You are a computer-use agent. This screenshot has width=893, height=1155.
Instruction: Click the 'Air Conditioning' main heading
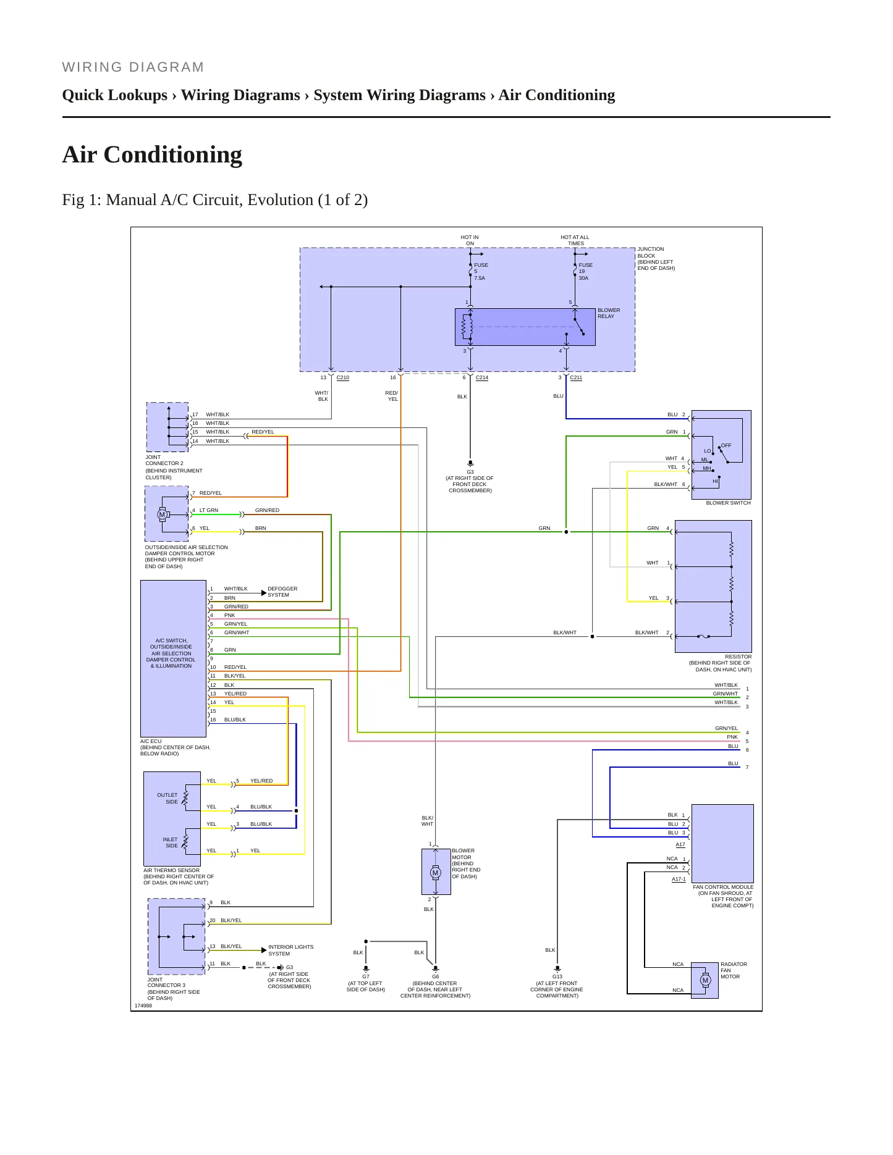[x=152, y=154]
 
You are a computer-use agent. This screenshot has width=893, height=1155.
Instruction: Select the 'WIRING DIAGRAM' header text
[x=133, y=67]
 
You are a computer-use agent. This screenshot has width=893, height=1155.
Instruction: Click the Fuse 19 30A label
[x=585, y=272]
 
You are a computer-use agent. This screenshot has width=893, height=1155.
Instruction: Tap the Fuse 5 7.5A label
[x=481, y=272]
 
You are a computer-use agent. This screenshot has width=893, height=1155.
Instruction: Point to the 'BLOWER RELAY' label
[x=609, y=313]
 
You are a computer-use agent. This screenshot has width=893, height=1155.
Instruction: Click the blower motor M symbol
[x=436, y=873]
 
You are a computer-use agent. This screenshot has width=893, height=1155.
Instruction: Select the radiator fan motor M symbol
[x=706, y=980]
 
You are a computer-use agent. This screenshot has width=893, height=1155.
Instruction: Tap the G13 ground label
[x=557, y=976]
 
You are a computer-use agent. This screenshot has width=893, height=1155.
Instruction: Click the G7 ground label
[x=366, y=976]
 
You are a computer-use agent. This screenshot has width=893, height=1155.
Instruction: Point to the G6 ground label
[x=436, y=976]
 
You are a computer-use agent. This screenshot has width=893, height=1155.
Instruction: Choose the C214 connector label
[x=482, y=377]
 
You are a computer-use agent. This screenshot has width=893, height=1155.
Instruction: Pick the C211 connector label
[x=576, y=377]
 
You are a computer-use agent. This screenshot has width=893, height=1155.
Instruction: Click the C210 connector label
[x=343, y=377]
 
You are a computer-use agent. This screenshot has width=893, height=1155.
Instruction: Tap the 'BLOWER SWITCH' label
[x=729, y=503]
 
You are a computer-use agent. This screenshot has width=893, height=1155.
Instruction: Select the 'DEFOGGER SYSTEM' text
[x=282, y=592]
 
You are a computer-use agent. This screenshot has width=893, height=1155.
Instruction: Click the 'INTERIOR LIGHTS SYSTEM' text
[x=290, y=950]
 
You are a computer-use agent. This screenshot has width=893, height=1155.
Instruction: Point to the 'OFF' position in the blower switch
[x=726, y=445]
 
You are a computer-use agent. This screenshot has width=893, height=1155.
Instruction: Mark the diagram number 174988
[x=143, y=1006]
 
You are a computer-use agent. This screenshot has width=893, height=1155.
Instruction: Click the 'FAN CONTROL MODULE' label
[x=723, y=887]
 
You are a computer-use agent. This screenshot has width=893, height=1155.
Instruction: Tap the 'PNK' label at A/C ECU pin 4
[x=229, y=615]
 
